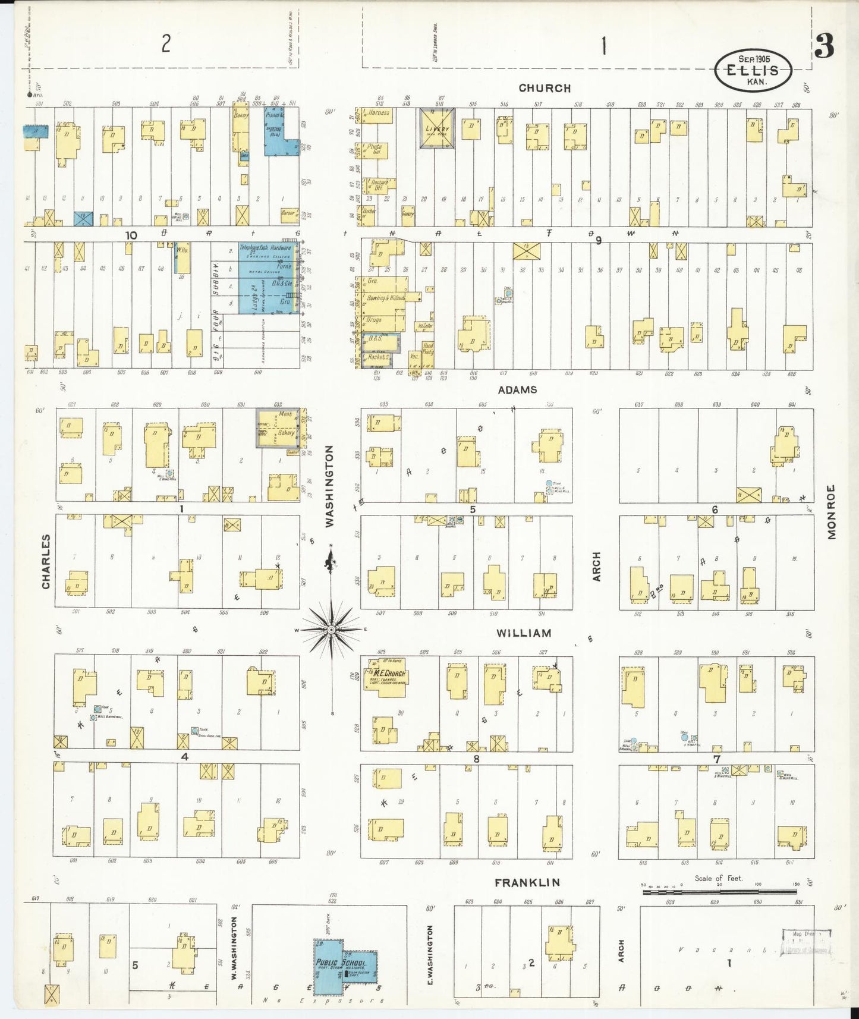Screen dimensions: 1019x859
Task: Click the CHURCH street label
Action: point(544,88)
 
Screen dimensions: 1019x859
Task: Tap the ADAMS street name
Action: point(517,389)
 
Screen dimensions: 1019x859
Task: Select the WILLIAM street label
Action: point(524,633)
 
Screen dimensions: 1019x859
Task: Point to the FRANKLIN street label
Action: point(527,882)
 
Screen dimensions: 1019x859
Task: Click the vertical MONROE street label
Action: point(831,512)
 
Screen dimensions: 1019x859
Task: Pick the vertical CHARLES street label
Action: point(46,561)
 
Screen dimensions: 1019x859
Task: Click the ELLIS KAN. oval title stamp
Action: point(753,70)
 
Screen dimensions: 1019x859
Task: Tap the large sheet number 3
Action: point(824,46)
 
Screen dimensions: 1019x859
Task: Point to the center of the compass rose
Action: point(331,629)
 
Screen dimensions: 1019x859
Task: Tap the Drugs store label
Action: point(375,320)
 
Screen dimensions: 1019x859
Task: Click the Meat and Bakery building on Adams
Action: point(278,427)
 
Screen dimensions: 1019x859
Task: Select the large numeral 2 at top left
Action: point(166,43)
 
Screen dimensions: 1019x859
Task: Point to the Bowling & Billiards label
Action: point(385,298)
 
